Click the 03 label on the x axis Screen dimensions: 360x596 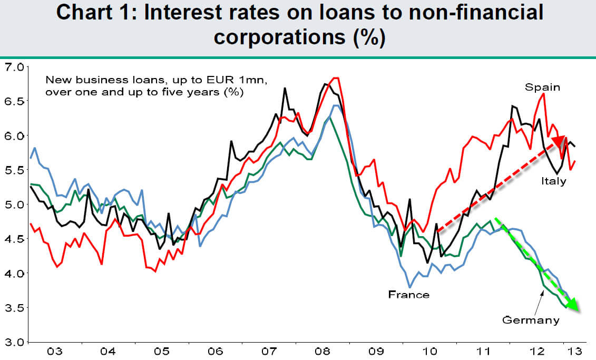[54, 351]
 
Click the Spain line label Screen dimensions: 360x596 [542, 87]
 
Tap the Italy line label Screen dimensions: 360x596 [553, 181]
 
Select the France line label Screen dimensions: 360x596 [408, 294]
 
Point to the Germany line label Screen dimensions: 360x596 [530, 319]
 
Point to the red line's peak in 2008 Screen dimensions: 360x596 [335, 78]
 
